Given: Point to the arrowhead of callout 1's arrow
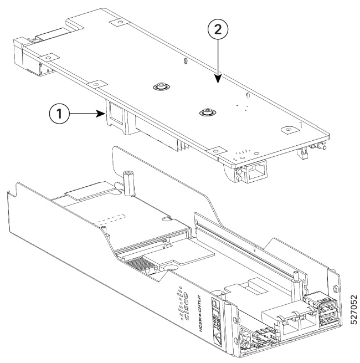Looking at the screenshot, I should point(105,114).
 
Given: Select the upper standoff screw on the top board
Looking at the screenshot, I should point(160,87).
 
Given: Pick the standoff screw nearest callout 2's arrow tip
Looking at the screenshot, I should point(207,113).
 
